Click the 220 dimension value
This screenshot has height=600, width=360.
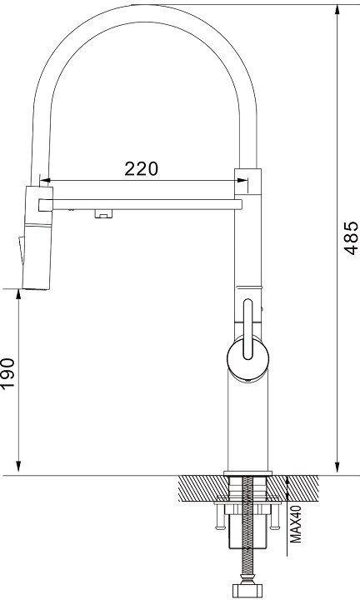tap(141, 168)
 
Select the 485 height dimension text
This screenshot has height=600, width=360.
tap(351, 237)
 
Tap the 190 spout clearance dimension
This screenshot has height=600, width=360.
tap(7, 372)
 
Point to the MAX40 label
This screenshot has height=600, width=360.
tap(296, 524)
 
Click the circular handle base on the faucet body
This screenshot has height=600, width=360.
tap(247, 358)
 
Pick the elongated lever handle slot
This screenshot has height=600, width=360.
tap(247, 329)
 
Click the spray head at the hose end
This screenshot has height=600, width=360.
tap(37, 238)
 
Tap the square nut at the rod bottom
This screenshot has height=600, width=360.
tap(247, 591)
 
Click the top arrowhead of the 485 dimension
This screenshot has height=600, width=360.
tap(337, 10)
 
